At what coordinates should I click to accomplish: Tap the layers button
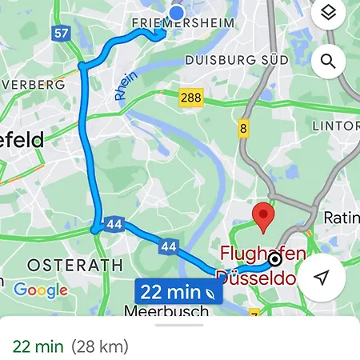[x=326, y=14]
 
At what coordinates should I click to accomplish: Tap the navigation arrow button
[x=322, y=278]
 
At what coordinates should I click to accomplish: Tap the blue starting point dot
[x=177, y=12]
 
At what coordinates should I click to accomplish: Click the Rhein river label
[x=126, y=85]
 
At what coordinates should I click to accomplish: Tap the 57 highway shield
[x=61, y=33]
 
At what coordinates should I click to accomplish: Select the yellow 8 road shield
[x=243, y=129]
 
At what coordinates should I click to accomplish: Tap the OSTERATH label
[x=64, y=264]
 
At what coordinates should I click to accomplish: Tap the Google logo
[x=41, y=290]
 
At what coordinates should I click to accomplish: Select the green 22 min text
[x=38, y=346]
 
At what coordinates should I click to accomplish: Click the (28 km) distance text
[x=99, y=346]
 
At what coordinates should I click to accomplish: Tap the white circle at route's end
[x=275, y=259]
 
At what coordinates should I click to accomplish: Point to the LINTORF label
[x=335, y=126]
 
